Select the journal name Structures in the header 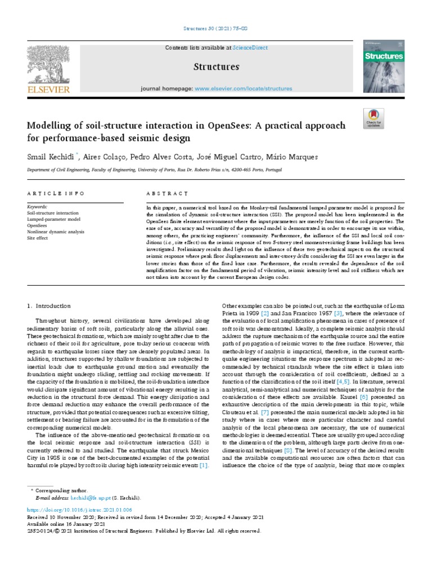(x=216, y=67)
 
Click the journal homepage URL (x=243, y=89)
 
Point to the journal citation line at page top (x=216, y=29)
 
